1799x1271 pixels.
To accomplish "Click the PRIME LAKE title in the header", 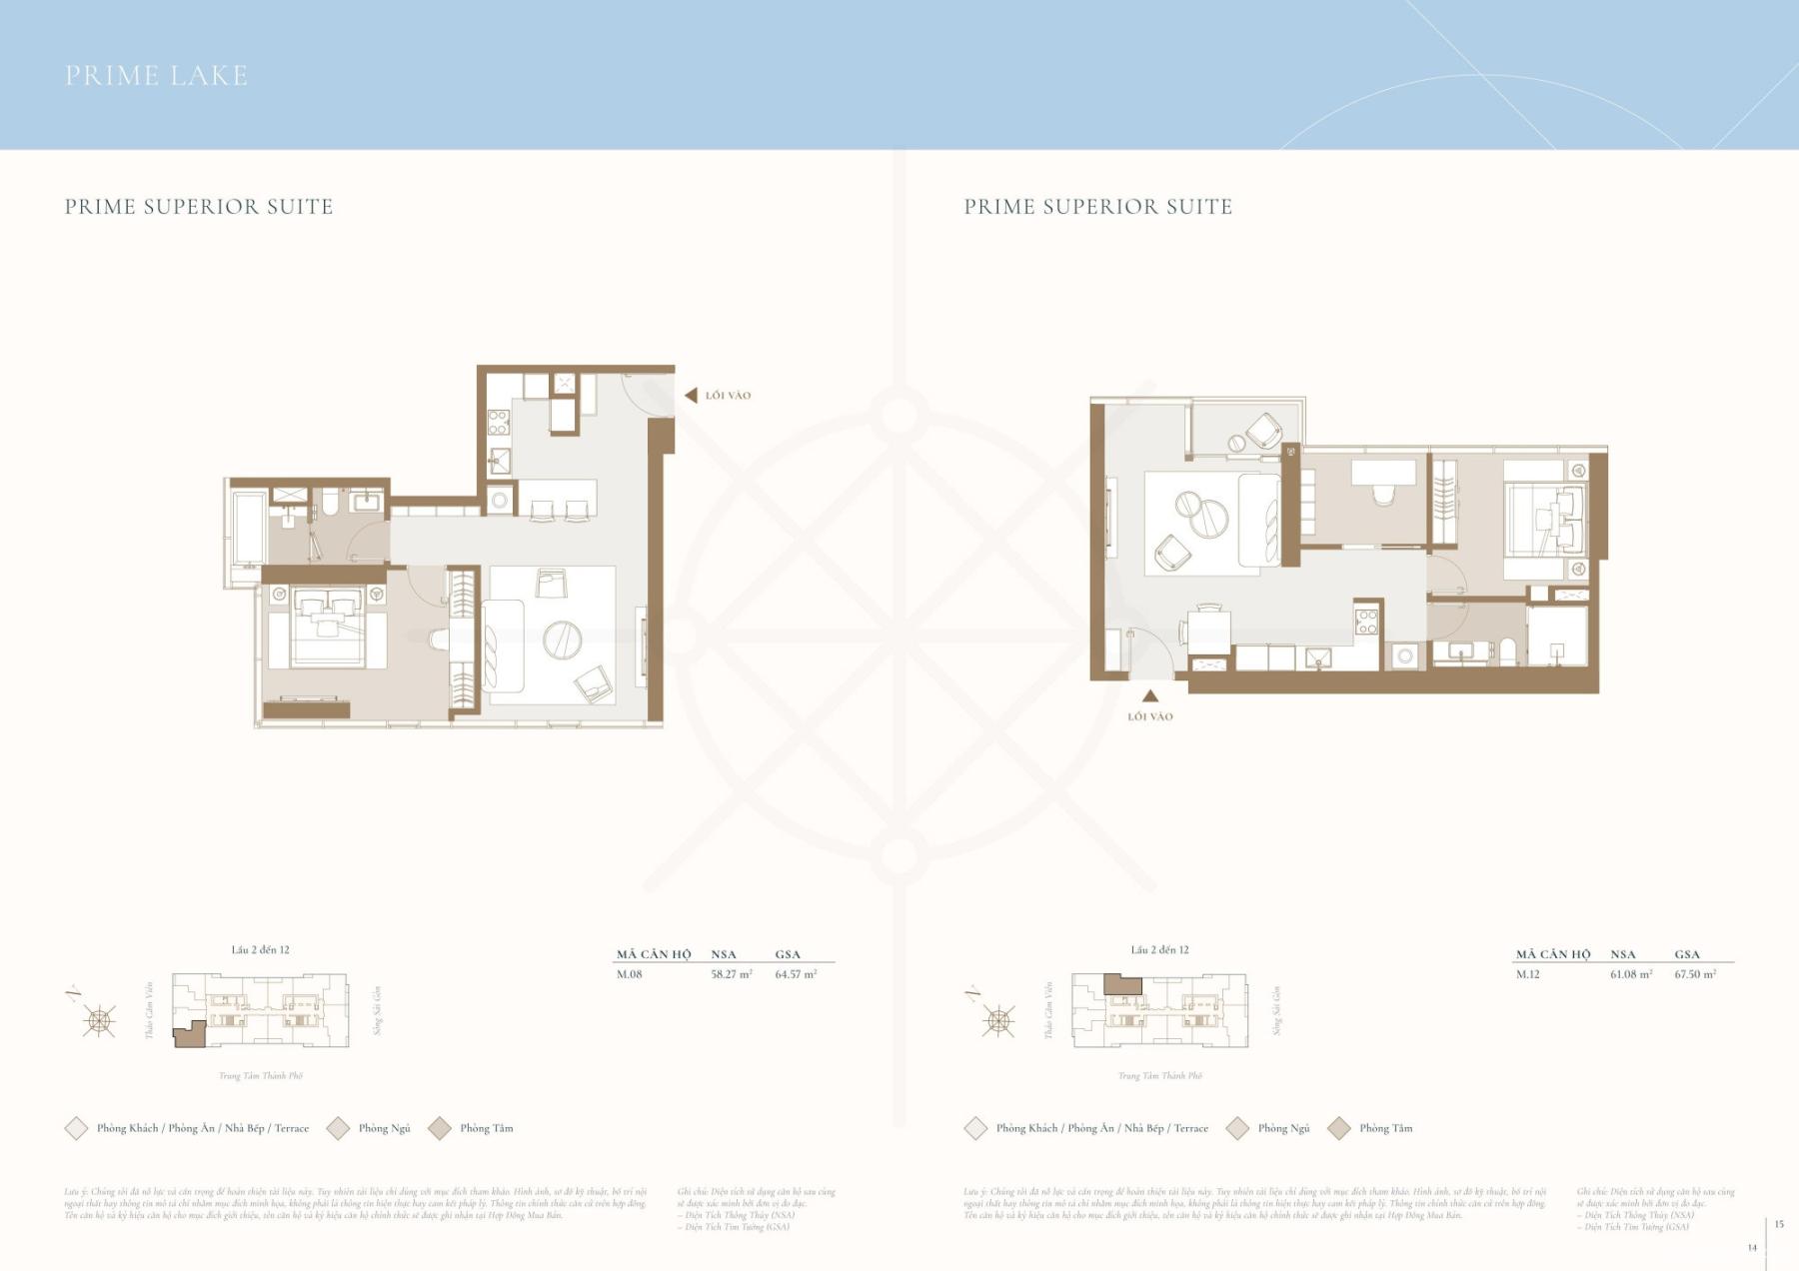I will (156, 76).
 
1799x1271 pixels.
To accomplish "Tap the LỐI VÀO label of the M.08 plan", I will (728, 396).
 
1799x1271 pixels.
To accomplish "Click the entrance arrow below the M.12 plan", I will (1150, 696).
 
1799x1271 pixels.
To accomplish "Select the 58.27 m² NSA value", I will (732, 974).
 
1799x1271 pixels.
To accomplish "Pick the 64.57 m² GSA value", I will (796, 974).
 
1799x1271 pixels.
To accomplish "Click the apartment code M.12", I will (1528, 974).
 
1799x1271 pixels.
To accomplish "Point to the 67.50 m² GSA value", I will (1695, 974).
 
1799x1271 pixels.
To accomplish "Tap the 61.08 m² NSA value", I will (1631, 974).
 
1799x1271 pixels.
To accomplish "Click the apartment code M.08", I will (629, 974).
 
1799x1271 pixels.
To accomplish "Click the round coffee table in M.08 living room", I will (563, 639).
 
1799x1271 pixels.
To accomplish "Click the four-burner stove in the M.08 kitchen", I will (498, 423).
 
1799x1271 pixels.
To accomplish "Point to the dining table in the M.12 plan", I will (1208, 632).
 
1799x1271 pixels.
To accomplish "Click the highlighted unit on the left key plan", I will (189, 1035).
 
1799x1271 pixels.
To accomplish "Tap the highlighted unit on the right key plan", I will (1121, 985).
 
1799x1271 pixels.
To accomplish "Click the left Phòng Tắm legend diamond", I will (440, 1128).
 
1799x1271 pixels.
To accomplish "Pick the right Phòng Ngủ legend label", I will (1283, 1128).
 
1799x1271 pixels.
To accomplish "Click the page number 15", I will (1779, 1224).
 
